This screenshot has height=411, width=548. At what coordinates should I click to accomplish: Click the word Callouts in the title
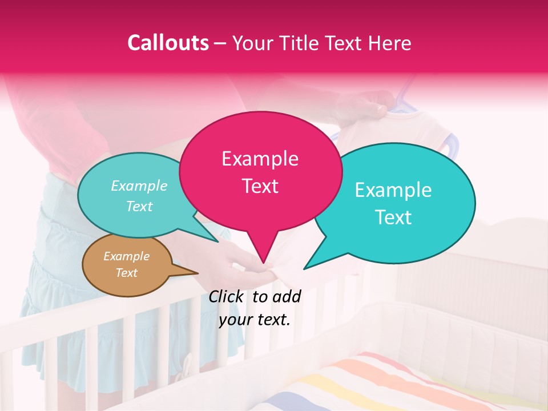(168, 43)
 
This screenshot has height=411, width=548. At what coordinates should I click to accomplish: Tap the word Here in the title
(388, 43)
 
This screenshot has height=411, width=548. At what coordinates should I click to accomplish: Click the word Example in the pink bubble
(260, 159)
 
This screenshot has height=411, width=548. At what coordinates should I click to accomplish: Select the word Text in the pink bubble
(260, 186)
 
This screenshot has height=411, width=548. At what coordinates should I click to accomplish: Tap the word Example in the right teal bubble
(393, 190)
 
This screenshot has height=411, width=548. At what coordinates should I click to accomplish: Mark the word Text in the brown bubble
(127, 273)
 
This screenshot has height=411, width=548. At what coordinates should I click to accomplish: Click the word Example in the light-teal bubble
(139, 186)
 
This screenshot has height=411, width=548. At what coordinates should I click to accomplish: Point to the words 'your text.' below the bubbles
(255, 320)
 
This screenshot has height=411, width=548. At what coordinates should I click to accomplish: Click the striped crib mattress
(400, 382)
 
